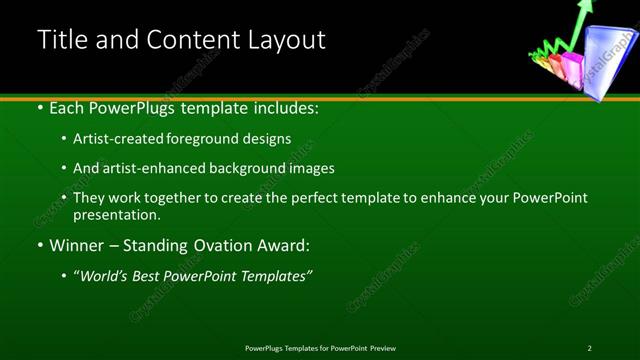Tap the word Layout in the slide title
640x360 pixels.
(288, 40)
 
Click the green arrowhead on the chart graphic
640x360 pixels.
(585, 7)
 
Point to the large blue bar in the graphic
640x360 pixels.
(606, 62)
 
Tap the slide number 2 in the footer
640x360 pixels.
(589, 348)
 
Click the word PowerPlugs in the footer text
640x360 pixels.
(268, 348)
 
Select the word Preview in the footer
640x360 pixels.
(383, 348)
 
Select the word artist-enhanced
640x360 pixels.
(149, 168)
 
